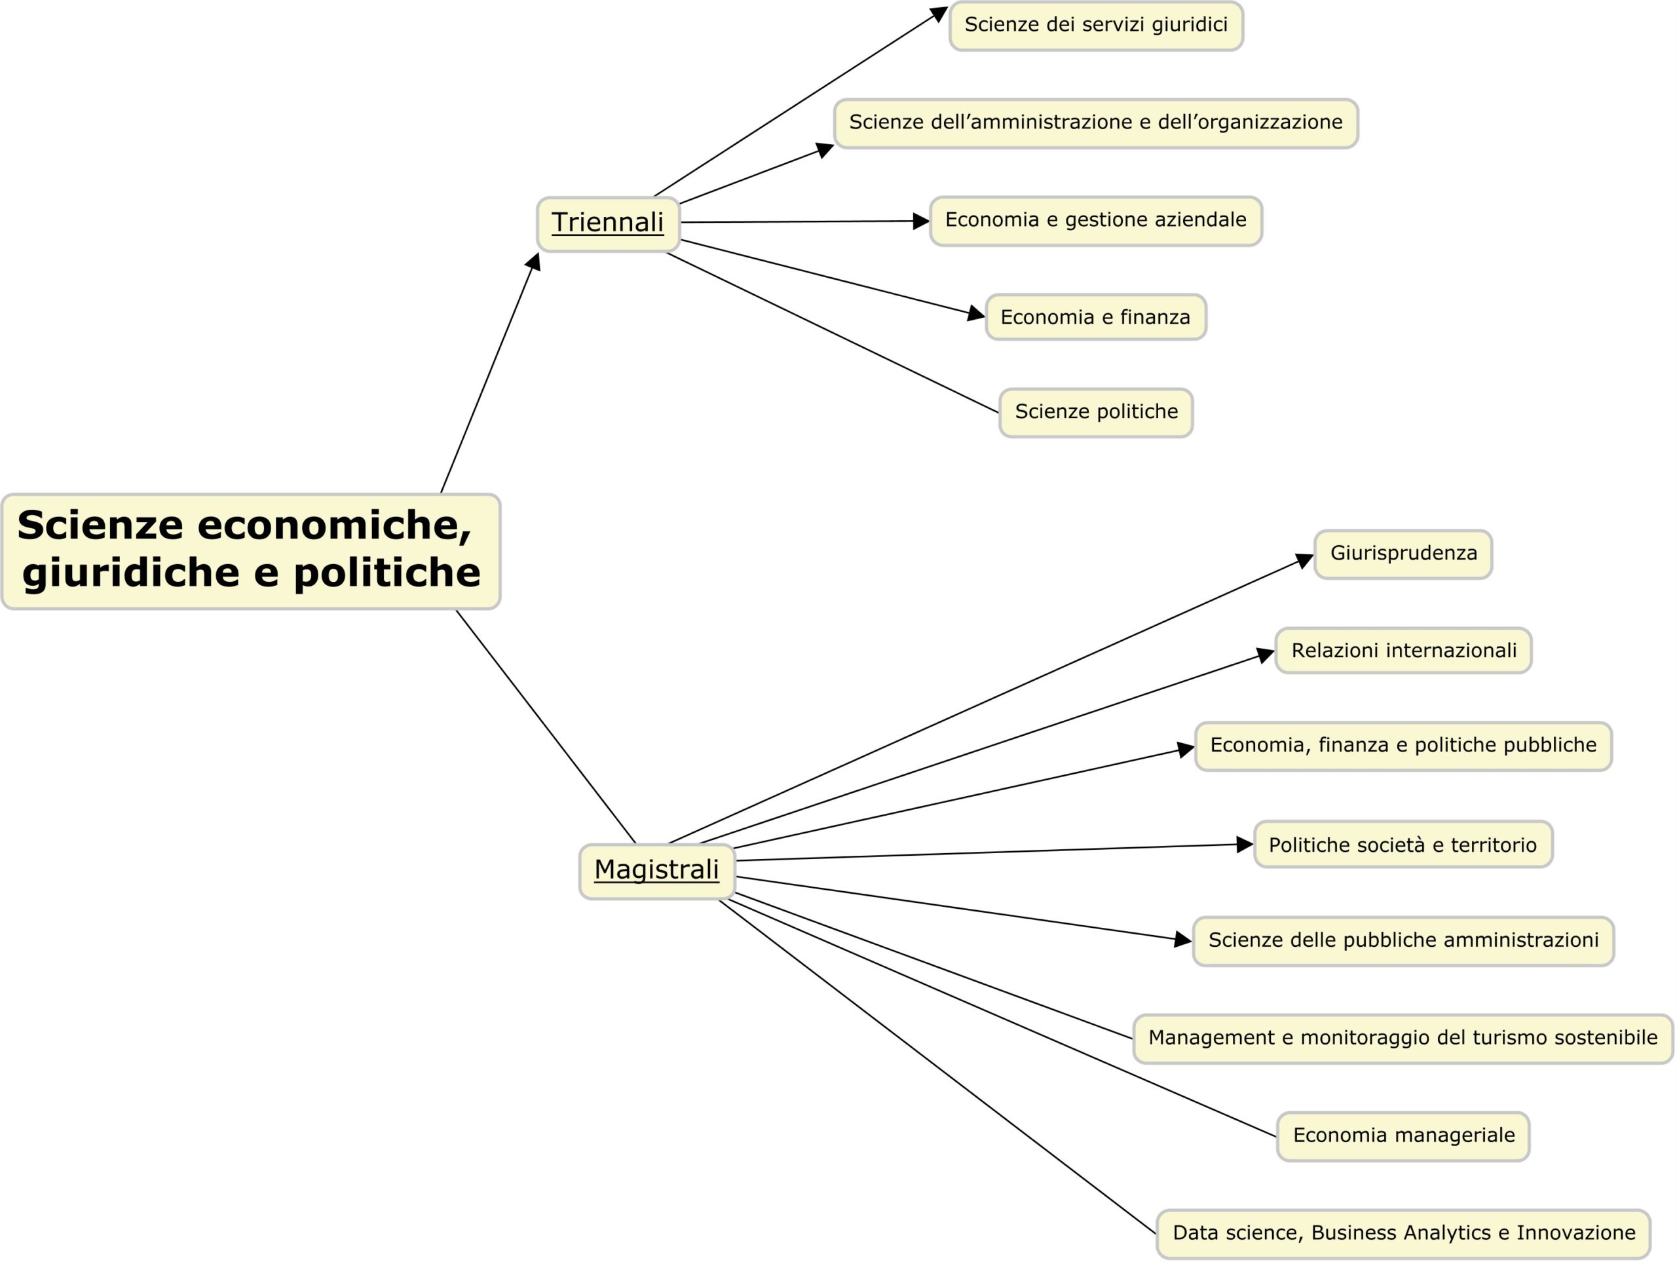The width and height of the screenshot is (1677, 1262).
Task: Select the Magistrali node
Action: pyautogui.click(x=657, y=871)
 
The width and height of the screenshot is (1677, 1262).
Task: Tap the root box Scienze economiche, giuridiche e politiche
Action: pyautogui.click(x=251, y=551)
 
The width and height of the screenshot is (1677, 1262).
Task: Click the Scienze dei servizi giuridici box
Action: pyautogui.click(x=1096, y=26)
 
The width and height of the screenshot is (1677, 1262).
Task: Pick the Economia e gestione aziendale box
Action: pyautogui.click(x=1096, y=221)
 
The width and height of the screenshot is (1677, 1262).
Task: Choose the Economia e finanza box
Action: pyautogui.click(x=1096, y=317)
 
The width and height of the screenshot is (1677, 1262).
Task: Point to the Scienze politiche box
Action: pyautogui.click(x=1096, y=413)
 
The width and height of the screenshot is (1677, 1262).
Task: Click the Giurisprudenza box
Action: pyautogui.click(x=1403, y=554)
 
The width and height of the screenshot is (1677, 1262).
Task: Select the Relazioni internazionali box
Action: pyautogui.click(x=1403, y=650)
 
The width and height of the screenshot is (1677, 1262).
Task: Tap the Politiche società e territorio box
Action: pyautogui.click(x=1403, y=844)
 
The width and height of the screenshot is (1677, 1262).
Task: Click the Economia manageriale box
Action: pyautogui.click(x=1403, y=1136)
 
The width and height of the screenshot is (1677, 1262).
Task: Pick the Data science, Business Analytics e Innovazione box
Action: pyautogui.click(x=1403, y=1233)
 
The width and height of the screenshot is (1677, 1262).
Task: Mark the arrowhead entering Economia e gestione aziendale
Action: pyautogui.click(x=921, y=221)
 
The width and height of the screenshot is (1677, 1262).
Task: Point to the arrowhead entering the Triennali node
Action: pyautogui.click(x=535, y=261)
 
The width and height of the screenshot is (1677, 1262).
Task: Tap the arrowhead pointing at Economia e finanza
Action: pyautogui.click(x=977, y=313)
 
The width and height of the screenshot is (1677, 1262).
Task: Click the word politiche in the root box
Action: pyautogui.click(x=386, y=573)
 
